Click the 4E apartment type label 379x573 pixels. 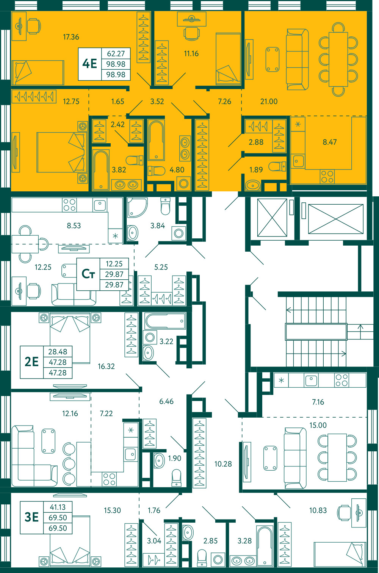pos(89,64)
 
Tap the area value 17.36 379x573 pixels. pos(71,37)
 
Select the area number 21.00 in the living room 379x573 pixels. pos(269,102)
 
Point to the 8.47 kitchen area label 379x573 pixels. pos(330,142)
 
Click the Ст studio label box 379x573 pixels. pos(88,274)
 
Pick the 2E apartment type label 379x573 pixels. pos(31,362)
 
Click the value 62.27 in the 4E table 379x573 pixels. pos(116,54)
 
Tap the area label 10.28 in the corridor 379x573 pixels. pos(223,464)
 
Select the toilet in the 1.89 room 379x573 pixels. pos(277,166)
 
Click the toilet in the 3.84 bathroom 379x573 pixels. pos(166,206)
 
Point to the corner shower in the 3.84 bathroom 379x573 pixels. pos(137,207)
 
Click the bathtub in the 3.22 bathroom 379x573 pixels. pos(165,321)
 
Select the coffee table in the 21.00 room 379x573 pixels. pos(272,59)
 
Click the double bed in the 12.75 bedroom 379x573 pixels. pos(61,152)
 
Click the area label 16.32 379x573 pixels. pos(106,366)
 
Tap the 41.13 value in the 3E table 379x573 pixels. pos(58,507)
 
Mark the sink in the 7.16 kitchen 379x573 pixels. pos(311,380)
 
